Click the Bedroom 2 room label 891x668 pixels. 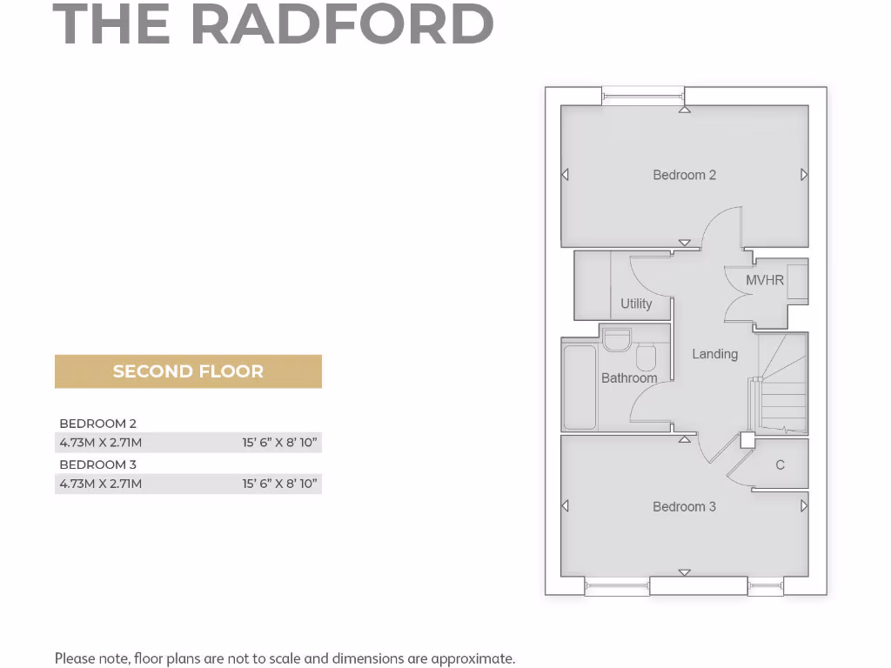point(685,175)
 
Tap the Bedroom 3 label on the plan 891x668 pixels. point(685,506)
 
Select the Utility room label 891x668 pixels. point(636,304)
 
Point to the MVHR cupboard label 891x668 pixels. point(765,280)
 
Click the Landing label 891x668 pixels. point(715,354)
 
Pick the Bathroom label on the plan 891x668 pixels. point(629,378)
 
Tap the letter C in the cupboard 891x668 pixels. point(780,465)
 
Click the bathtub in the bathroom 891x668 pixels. point(580,388)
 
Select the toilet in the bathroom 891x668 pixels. point(646,357)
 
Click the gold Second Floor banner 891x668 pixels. point(188,371)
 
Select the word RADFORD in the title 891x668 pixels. point(342,25)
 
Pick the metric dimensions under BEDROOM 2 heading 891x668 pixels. point(101,443)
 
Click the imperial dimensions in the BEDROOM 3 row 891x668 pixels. point(279,484)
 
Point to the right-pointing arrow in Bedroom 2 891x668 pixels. point(804,175)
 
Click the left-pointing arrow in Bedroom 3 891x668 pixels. point(566,506)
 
